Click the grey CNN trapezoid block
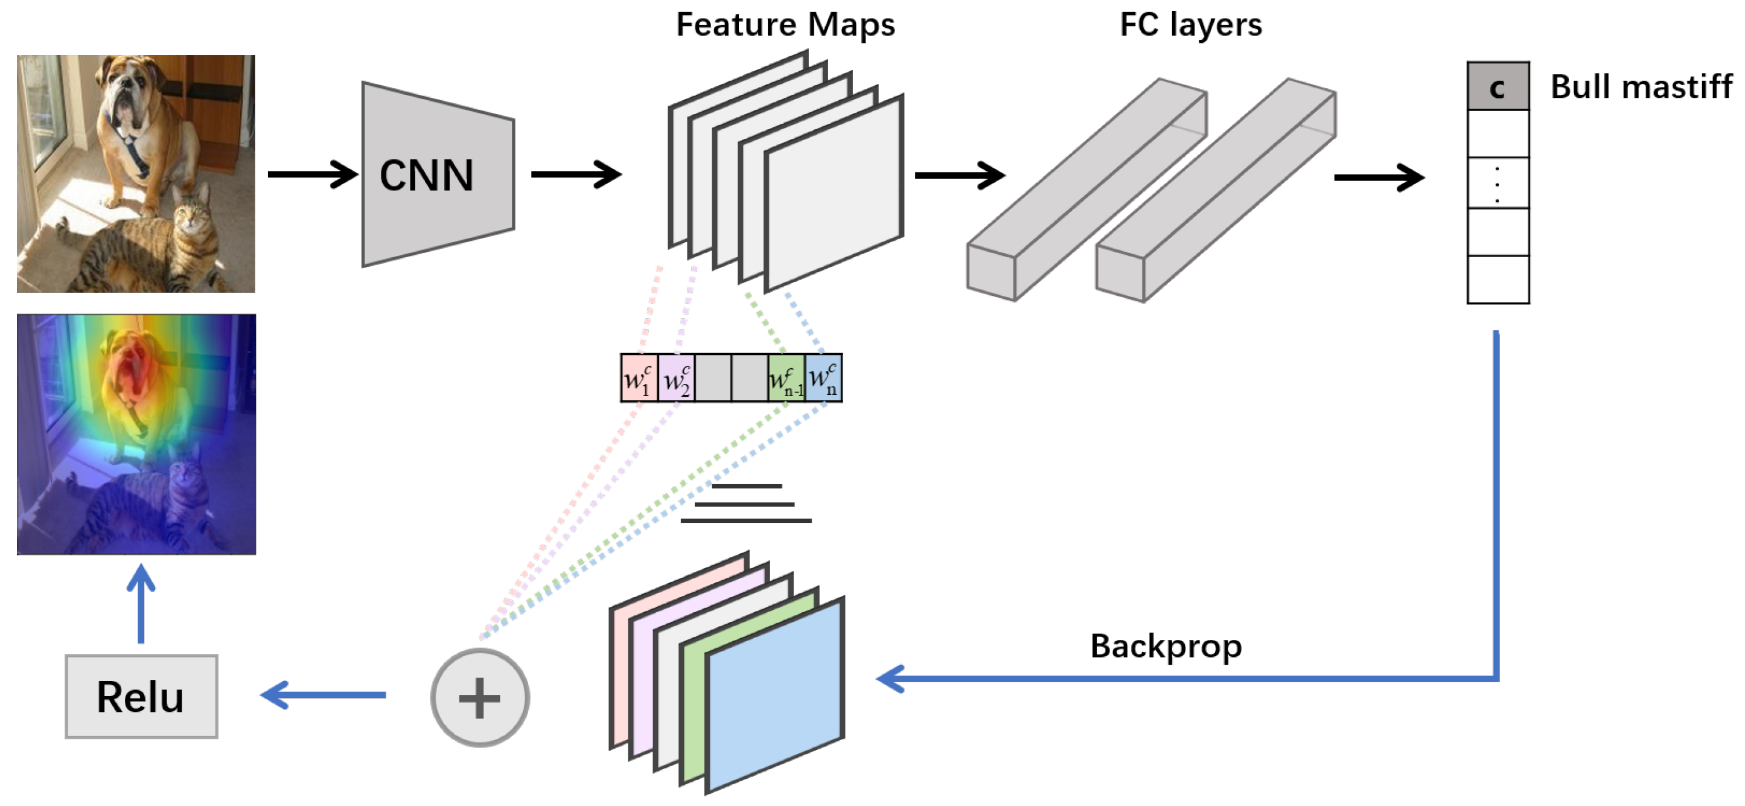point(438,174)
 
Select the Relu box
point(141,696)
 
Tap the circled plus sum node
point(480,698)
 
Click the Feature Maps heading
point(785,25)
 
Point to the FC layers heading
point(1191,25)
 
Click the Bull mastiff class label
point(1641,87)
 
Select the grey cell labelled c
point(1498,86)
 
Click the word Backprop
point(1166,645)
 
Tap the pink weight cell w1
point(639,378)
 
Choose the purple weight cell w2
point(676,378)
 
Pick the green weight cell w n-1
point(786,378)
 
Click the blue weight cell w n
point(824,378)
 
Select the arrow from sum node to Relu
point(324,695)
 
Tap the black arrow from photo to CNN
point(313,174)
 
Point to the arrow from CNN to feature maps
point(576,174)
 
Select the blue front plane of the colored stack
point(775,696)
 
